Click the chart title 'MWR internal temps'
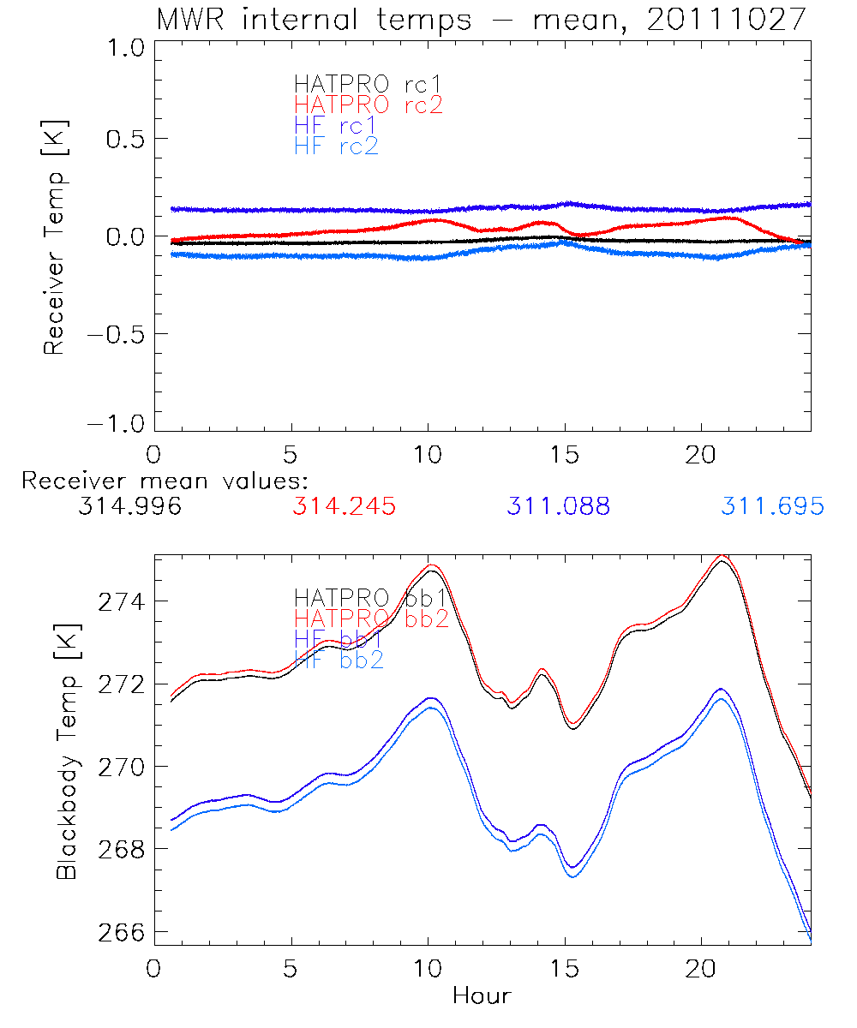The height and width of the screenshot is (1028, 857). point(313,19)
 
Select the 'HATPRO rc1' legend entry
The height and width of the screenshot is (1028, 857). point(359,85)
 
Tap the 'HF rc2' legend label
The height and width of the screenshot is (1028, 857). point(336,146)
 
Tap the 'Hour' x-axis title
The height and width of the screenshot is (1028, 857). point(482,995)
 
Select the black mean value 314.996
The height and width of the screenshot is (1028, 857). point(129,506)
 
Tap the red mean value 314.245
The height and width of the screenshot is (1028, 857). point(344,506)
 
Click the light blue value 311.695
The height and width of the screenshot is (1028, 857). point(772,506)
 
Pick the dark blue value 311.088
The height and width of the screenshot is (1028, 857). point(558,506)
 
